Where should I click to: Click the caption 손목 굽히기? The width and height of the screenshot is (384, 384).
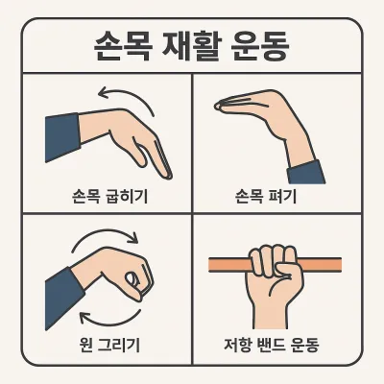coord(110,196)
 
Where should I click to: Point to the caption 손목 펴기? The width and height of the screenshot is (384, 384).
coord(266,196)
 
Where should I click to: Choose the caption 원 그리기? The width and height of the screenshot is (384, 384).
coord(109,345)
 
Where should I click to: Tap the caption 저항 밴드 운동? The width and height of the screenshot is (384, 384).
coord(272,345)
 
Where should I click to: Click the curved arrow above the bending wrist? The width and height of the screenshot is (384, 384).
coord(128,96)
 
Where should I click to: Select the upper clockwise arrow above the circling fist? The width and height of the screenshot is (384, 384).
coord(106,233)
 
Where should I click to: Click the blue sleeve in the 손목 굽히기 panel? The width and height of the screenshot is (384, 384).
coord(62,137)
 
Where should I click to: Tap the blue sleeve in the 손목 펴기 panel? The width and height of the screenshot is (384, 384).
coord(305,173)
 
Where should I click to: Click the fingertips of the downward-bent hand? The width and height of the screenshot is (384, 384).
coord(168,175)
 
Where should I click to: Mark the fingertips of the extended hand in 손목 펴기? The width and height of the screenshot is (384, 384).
coord(218,106)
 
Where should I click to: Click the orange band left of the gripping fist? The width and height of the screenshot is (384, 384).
coord(229,265)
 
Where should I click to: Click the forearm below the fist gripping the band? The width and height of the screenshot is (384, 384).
coord(272,315)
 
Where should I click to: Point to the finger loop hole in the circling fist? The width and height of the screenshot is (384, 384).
coord(131,279)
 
